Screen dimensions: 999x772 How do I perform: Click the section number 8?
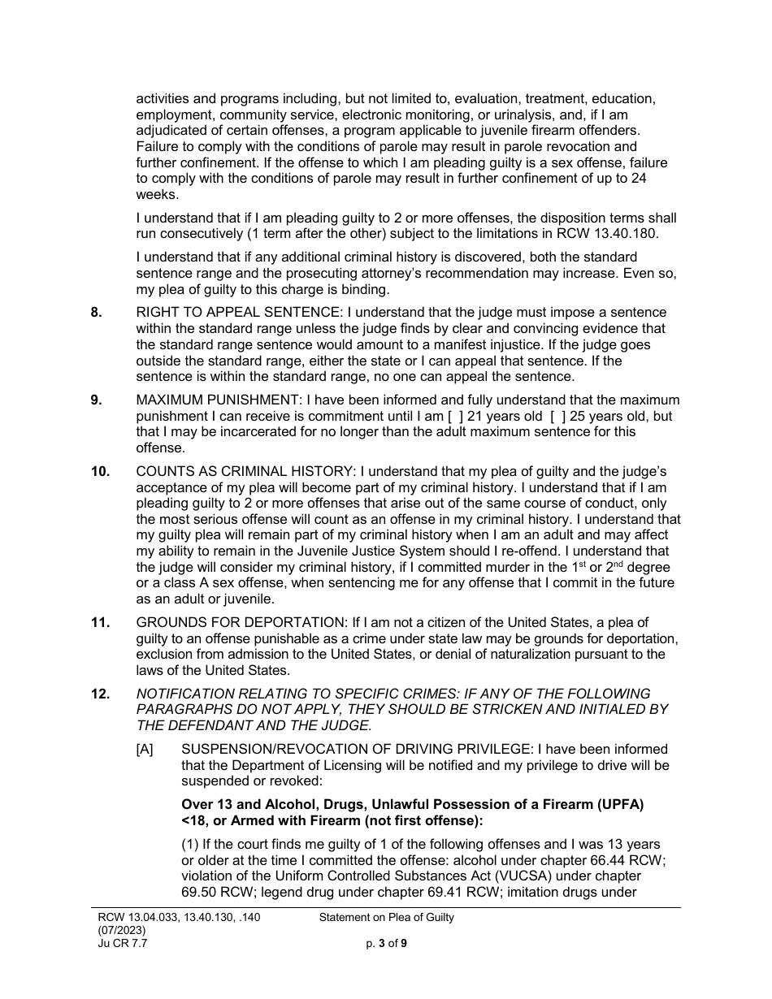[96, 313]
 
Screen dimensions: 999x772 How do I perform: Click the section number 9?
[96, 400]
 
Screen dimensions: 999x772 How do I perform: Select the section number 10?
[99, 471]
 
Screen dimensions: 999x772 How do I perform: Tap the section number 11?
[99, 623]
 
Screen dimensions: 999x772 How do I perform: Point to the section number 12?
[99, 694]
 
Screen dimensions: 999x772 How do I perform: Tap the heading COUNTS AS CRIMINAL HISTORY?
[245, 471]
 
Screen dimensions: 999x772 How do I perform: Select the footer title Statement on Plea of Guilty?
[387, 918]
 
